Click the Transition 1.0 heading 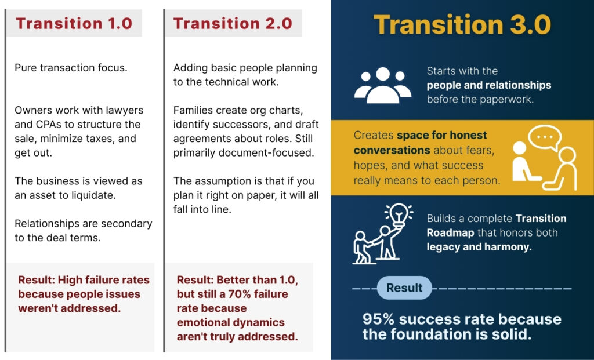point(74,23)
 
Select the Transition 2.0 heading point(233,23)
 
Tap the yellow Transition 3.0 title point(462,25)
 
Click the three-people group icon point(383,85)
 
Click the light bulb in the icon point(399,214)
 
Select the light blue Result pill point(404,288)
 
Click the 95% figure point(378,319)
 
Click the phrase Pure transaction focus point(71,68)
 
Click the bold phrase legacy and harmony point(479,247)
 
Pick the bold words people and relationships point(489,86)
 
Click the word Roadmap point(450,233)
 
